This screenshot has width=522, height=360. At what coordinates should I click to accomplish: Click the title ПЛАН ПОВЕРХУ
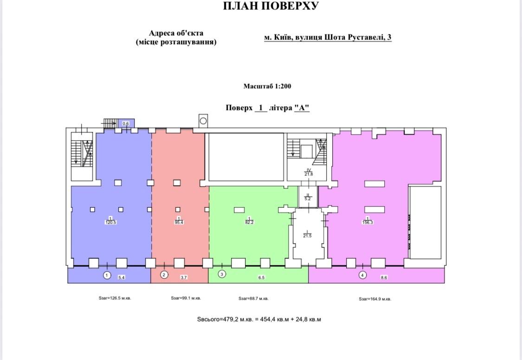click(x=271, y=6)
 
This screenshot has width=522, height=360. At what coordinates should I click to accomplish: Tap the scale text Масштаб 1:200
click(x=267, y=86)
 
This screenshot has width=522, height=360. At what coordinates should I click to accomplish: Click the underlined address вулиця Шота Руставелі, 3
click(x=343, y=37)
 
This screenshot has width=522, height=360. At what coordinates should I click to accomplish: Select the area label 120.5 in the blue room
click(x=110, y=222)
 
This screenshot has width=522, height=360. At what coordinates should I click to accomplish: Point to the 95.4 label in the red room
click(x=179, y=222)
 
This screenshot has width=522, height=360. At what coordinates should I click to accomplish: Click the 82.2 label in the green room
click(x=249, y=222)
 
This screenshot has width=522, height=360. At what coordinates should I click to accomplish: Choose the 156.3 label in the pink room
click(x=367, y=222)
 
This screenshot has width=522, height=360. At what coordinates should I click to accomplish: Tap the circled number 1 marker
click(x=107, y=275)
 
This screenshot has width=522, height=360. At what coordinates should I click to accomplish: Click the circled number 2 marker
click(x=164, y=275)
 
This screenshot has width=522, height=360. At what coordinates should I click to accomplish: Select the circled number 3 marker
click(x=222, y=274)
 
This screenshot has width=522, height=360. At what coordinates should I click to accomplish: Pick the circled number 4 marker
click(x=362, y=275)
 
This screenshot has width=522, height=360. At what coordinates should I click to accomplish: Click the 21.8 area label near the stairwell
click(x=308, y=174)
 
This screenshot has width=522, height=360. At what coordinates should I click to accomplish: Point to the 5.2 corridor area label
click(x=308, y=199)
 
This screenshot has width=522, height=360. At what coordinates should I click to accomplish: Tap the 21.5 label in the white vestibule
click(x=307, y=236)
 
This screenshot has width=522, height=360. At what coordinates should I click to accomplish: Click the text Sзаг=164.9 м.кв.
click(x=375, y=299)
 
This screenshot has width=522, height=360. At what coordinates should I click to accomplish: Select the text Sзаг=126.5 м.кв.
click(x=115, y=298)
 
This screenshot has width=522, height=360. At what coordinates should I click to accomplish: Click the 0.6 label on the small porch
click(x=125, y=124)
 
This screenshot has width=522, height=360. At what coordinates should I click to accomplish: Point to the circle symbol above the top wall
click(x=203, y=121)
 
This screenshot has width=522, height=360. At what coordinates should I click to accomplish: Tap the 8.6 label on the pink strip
click(x=384, y=277)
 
